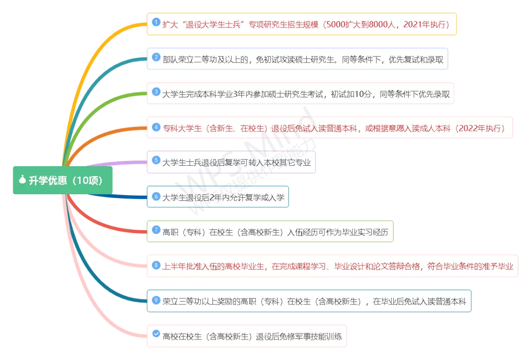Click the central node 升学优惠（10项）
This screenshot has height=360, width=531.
pyautogui.click(x=62, y=180)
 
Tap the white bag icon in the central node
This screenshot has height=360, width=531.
pyautogui.click(x=22, y=180)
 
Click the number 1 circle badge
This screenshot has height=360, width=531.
pyautogui.click(x=156, y=23)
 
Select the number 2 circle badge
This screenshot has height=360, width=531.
pyautogui.click(x=156, y=58)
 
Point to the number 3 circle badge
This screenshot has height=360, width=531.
pyautogui.click(x=156, y=92)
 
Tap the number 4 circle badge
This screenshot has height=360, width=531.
pyautogui.click(x=156, y=127)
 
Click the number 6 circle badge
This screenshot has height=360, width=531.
pyautogui.click(x=156, y=196)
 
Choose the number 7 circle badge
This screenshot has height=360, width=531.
pyautogui.click(x=156, y=230)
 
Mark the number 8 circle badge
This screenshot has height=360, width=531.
pyautogui.click(x=156, y=265)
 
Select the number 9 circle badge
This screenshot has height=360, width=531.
pyautogui.click(x=156, y=300)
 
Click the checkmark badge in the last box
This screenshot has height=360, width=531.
pyautogui.click(x=156, y=334)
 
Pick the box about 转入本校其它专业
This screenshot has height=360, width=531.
pyautogui.click(x=231, y=162)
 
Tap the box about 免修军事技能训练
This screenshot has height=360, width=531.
pyautogui.click(x=247, y=336)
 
